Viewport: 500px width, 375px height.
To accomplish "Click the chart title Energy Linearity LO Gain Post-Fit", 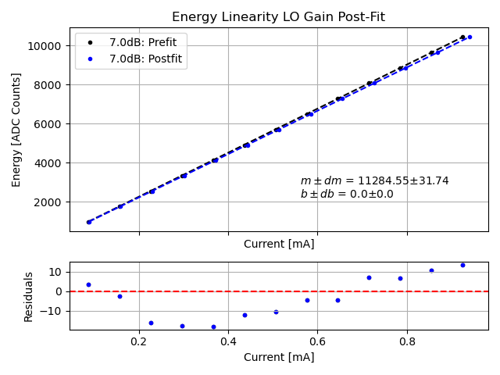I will (278, 17).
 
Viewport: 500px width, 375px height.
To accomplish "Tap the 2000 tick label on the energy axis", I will (49, 202).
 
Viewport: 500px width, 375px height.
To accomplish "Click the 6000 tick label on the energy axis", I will (49, 123).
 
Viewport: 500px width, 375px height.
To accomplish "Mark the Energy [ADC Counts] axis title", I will (17, 130).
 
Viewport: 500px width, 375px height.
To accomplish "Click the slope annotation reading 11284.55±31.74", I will (374, 180).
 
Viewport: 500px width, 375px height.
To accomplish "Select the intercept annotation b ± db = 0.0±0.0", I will (347, 194).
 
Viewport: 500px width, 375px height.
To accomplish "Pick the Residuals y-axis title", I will (29, 296).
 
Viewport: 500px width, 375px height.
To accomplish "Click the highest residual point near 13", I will (462, 265).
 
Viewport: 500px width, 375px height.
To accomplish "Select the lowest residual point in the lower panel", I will (213, 327).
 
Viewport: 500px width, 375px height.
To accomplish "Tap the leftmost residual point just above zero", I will (88, 284).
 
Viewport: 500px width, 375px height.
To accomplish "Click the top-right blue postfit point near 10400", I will (470, 37).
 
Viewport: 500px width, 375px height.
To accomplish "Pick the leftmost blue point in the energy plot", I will (88, 222).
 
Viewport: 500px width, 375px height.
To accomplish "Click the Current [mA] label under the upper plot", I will (279, 244).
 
